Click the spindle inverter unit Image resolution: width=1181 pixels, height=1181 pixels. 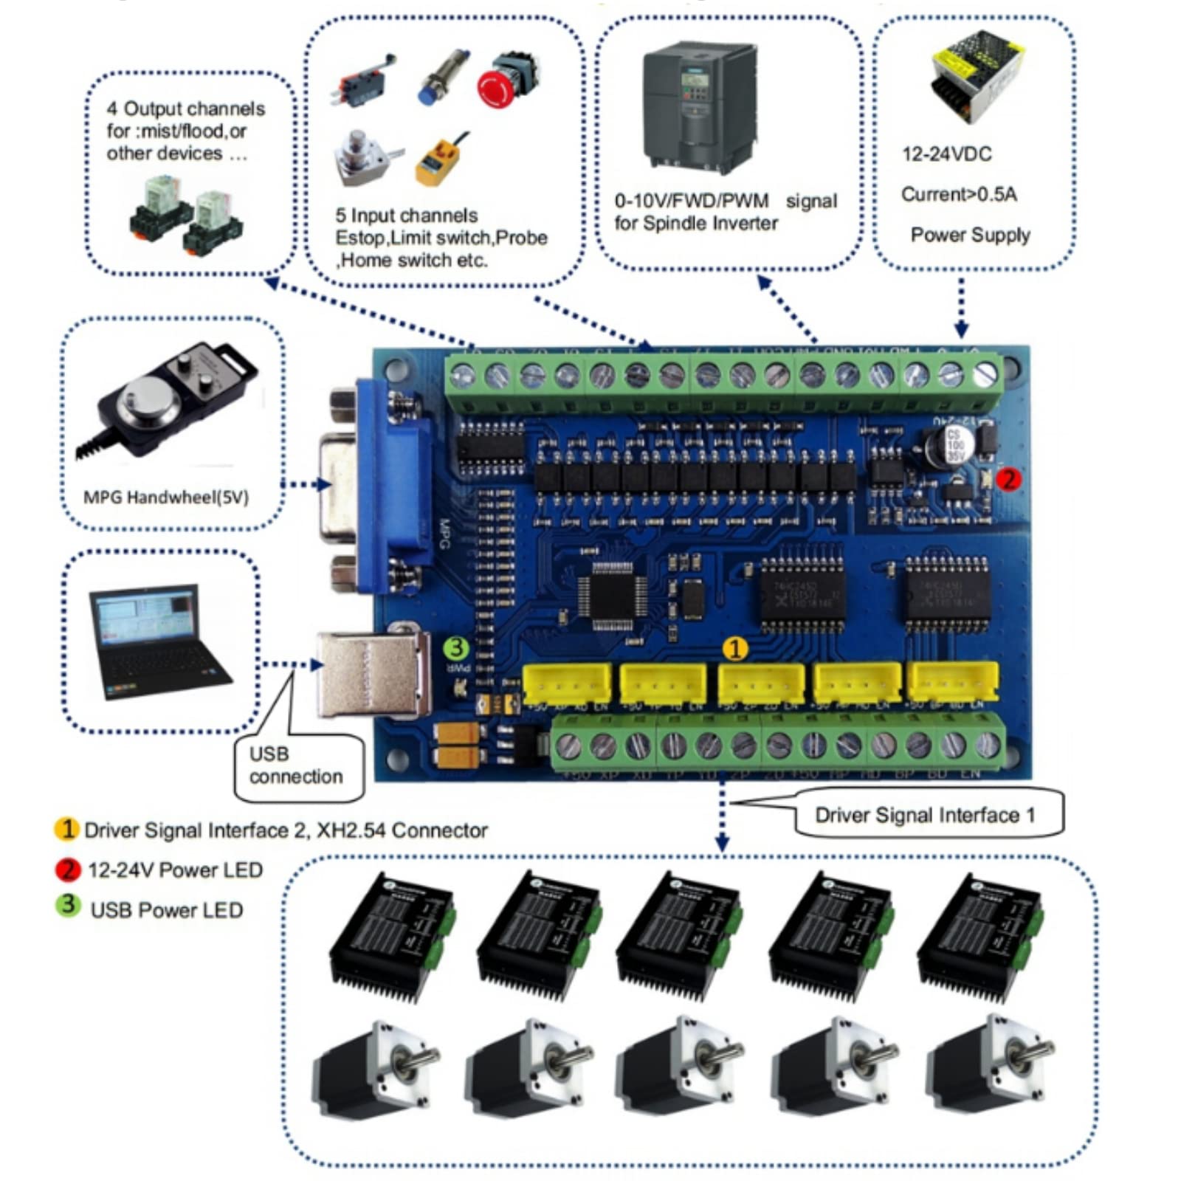coord(700,107)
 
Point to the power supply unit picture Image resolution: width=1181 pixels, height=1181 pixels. coord(977,74)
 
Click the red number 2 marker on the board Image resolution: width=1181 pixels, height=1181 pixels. coord(1008,480)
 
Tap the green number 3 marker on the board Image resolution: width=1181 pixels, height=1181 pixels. coord(456,648)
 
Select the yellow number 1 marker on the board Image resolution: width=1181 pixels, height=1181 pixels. coord(734,649)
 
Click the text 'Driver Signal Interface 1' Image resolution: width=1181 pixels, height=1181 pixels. coord(925,815)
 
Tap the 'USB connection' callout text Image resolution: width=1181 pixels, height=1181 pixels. coord(295,765)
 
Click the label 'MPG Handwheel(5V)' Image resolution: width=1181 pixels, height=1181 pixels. coord(165,497)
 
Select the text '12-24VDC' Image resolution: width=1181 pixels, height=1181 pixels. coord(946,154)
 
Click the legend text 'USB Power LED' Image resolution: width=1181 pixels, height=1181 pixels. coord(166,910)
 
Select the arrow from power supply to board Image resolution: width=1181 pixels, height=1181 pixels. coord(960,309)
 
